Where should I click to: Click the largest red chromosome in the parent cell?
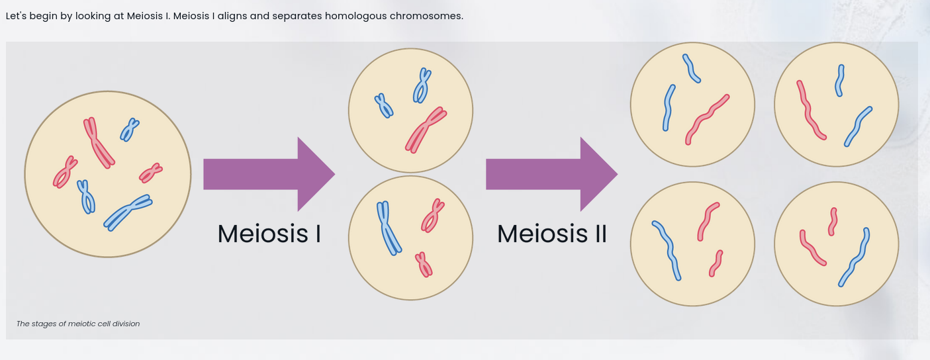click(98, 142)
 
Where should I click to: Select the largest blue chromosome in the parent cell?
click(128, 211)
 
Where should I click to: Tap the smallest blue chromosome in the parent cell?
click(129, 130)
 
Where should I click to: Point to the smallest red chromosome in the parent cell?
click(151, 173)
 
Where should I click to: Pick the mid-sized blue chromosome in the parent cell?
click(86, 197)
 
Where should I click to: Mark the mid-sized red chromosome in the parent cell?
click(64, 172)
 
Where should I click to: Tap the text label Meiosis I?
click(269, 234)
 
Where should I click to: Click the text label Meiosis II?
click(551, 234)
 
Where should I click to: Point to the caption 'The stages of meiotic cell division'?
click(78, 324)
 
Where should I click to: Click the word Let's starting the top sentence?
click(16, 16)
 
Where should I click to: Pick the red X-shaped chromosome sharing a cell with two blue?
click(425, 129)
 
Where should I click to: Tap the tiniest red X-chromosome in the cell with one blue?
click(424, 264)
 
